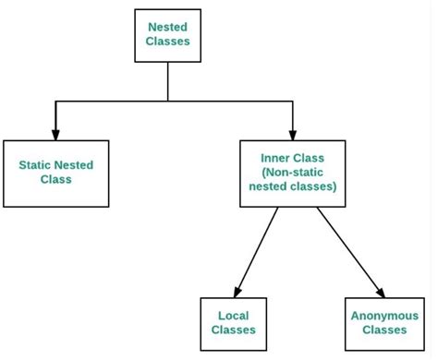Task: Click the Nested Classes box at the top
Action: [x=167, y=36]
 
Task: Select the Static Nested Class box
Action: [x=55, y=173]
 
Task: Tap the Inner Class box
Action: [x=292, y=173]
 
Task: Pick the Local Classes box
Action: [x=233, y=322]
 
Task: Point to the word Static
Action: [x=37, y=165]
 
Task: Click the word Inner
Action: [x=276, y=158]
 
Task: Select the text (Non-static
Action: [x=292, y=173]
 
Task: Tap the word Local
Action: [x=233, y=315]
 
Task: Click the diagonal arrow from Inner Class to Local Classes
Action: [x=255, y=249]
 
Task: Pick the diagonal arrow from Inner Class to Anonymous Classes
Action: [x=349, y=249]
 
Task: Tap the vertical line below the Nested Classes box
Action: [x=167, y=81]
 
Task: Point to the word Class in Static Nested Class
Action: [x=55, y=180]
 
